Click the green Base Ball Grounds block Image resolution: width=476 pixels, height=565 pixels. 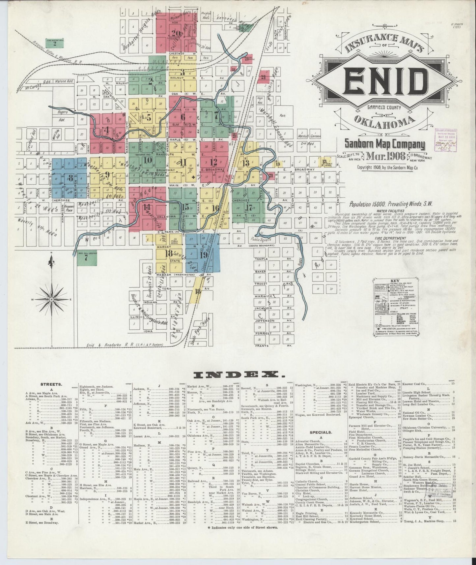coord(86,257)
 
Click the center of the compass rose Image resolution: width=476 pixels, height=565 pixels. coord(51,299)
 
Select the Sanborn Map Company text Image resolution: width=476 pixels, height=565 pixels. coord(385,144)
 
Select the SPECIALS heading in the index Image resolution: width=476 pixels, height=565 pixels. coord(321,432)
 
